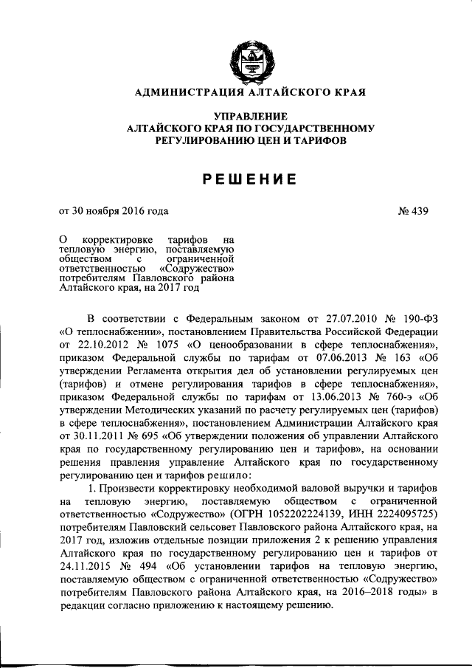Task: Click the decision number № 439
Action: (x=414, y=211)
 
